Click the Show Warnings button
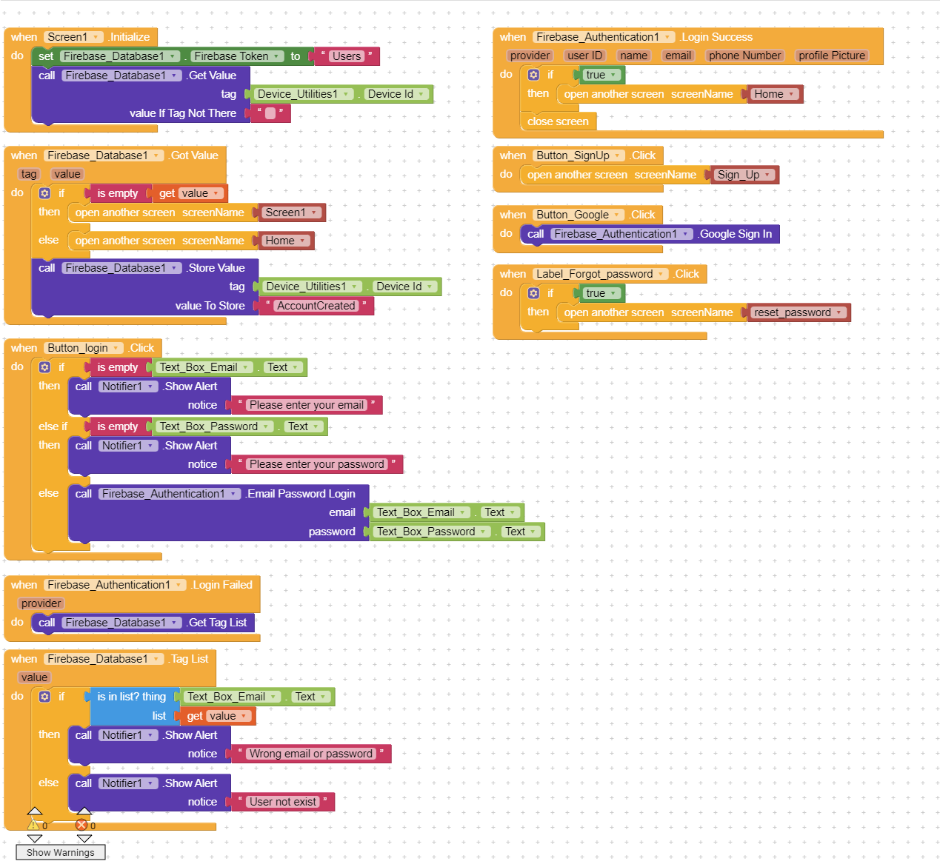[x=60, y=852]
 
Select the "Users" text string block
[x=346, y=56]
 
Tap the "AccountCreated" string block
[x=316, y=306]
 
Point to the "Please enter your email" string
[x=307, y=405]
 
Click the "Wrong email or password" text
[x=310, y=754]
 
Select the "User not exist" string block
[x=282, y=802]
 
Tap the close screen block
[x=558, y=121]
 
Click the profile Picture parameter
[x=832, y=56]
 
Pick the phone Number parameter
[x=744, y=56]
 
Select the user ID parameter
[x=584, y=56]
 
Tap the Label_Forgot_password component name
[x=595, y=274]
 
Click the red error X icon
[x=81, y=825]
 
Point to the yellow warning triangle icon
[x=34, y=825]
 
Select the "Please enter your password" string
[x=317, y=464]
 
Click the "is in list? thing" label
[x=131, y=697]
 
